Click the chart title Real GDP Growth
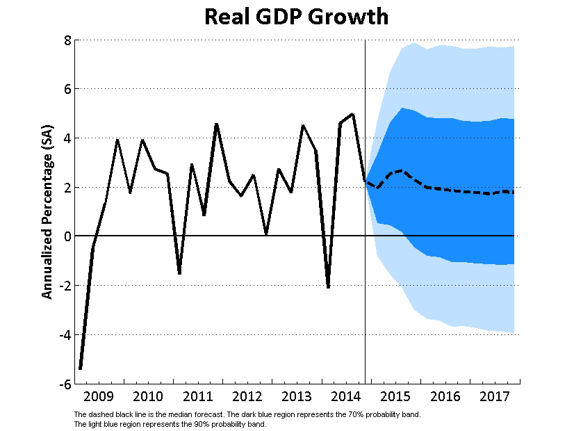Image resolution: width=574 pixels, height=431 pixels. tap(296, 17)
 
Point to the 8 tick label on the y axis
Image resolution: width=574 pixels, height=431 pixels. tap(67, 40)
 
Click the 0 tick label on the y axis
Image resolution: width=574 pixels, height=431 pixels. tap(67, 236)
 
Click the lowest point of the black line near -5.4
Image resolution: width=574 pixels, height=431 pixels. tap(81, 368)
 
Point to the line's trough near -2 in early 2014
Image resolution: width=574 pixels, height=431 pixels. tap(328, 286)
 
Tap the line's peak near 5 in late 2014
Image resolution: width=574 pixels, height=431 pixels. tap(353, 114)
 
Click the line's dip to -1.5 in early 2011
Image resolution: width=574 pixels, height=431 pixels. tap(179, 273)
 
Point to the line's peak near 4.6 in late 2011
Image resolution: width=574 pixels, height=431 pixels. tap(217, 124)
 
